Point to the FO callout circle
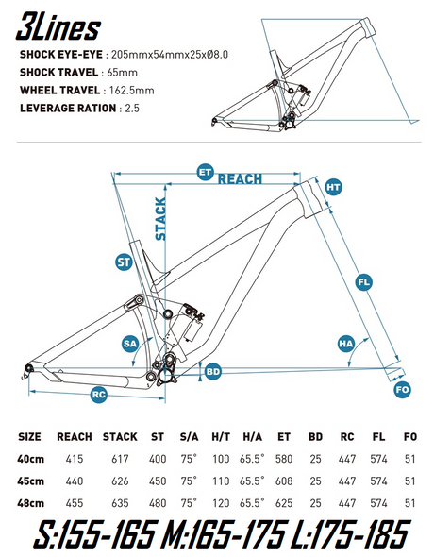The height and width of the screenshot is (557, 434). pyautogui.click(x=403, y=389)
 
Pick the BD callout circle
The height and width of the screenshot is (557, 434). pyautogui.click(x=213, y=372)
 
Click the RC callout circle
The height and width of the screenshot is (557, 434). pyautogui.click(x=97, y=396)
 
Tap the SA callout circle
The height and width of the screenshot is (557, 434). pyautogui.click(x=130, y=346)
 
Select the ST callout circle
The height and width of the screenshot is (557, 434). pyautogui.click(x=123, y=261)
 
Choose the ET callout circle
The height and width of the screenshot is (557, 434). pyautogui.click(x=204, y=173)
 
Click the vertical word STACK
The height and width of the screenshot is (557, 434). pyautogui.click(x=160, y=218)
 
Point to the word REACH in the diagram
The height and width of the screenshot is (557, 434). pyautogui.click(x=240, y=178)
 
